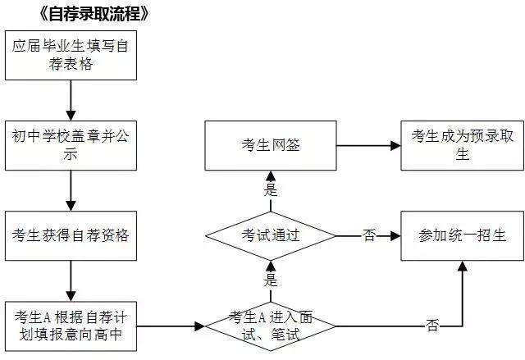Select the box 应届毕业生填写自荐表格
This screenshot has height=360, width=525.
[71, 57]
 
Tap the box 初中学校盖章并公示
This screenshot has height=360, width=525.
[71, 146]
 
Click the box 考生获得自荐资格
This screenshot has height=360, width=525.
[71, 235]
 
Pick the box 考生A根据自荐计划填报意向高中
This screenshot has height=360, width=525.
[71, 326]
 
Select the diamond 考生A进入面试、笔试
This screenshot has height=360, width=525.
[270, 326]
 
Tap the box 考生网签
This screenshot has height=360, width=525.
[270, 146]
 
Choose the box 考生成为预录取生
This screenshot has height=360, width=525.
[461, 146]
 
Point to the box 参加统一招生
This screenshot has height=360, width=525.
[461, 235]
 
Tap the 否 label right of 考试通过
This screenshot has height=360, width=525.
[368, 235]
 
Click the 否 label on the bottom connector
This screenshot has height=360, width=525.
[432, 326]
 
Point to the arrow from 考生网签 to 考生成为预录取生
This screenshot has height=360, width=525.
[367, 146]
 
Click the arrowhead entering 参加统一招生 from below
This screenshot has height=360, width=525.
[461, 266]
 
